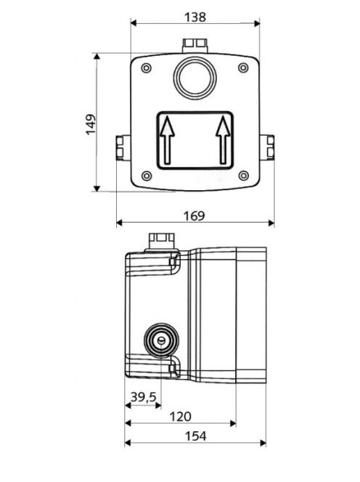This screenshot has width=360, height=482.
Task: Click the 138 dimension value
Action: [195, 17]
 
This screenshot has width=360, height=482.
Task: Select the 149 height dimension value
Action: [91, 125]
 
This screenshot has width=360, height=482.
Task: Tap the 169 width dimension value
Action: [194, 216]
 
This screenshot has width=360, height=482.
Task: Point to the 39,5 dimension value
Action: [144, 397]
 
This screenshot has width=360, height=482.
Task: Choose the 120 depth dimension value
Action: [181, 417]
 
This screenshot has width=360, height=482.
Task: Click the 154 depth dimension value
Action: [195, 436]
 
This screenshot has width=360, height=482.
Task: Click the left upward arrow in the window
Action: [167, 140]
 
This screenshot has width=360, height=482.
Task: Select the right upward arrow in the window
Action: [224, 140]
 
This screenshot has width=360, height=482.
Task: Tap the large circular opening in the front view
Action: [195, 78]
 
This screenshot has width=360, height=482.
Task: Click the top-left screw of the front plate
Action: [147, 68]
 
